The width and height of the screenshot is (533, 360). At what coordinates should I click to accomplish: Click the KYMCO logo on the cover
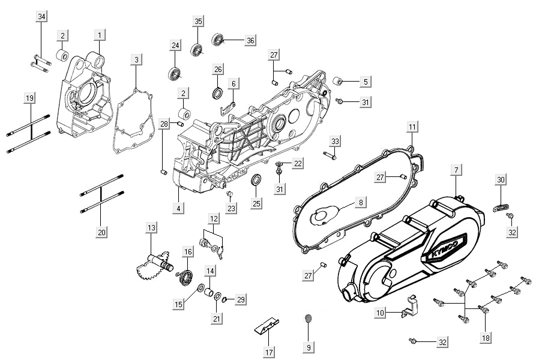pyautogui.click(x=445, y=247)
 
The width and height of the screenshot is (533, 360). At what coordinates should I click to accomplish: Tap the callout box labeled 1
pyautogui.click(x=100, y=35)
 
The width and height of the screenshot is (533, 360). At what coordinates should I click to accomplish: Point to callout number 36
pyautogui.click(x=250, y=40)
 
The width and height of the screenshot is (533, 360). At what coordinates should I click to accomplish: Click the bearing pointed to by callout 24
pyautogui.click(x=175, y=75)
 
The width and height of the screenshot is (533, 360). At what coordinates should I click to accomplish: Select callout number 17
pyautogui.click(x=269, y=352)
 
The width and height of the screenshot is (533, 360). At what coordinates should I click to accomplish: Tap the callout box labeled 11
pyautogui.click(x=412, y=127)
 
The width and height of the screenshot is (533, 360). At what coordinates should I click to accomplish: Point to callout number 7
pyautogui.click(x=456, y=170)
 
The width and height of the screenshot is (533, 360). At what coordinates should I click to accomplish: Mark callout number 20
pyautogui.click(x=101, y=232)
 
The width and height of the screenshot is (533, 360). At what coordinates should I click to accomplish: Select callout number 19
pyautogui.click(x=28, y=98)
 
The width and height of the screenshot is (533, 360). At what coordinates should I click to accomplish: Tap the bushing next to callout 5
pyautogui.click(x=337, y=81)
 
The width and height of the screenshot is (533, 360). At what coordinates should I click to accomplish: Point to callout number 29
pyautogui.click(x=240, y=299)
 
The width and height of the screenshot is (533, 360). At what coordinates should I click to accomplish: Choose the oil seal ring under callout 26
pyautogui.click(x=217, y=93)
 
